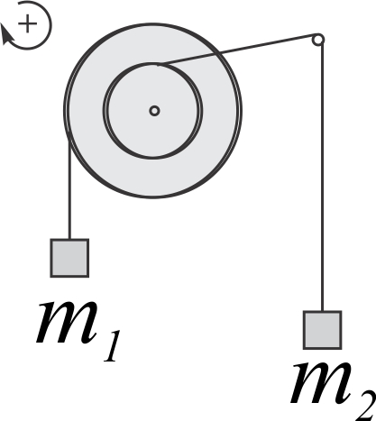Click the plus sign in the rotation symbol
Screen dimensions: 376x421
click(x=27, y=23)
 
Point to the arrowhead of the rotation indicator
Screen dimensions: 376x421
click(x=6, y=34)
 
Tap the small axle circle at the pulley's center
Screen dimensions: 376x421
click(x=154, y=111)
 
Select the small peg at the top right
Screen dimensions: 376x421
click(x=318, y=40)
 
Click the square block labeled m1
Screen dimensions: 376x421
click(x=69, y=258)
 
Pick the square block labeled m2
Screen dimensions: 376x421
click(x=322, y=330)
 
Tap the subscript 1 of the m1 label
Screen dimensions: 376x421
click(x=112, y=346)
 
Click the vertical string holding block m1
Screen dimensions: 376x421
click(x=69, y=188)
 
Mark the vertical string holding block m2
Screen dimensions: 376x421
click(x=323, y=178)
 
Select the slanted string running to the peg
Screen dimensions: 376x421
click(x=236, y=50)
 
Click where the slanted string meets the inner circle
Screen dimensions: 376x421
click(x=159, y=64)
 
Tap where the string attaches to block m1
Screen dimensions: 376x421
click(x=69, y=239)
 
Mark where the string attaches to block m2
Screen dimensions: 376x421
click(x=323, y=311)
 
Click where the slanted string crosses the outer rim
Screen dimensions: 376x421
click(x=217, y=53)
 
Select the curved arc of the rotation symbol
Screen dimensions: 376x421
click(x=50, y=25)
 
